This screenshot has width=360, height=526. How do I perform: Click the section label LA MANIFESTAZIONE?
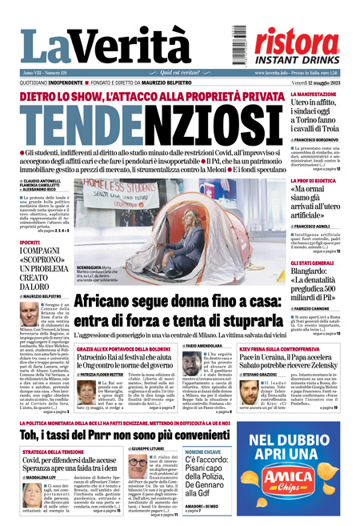tap(314, 94)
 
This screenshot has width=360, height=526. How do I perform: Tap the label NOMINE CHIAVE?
tap(206, 452)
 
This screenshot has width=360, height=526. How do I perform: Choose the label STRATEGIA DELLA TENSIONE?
tap(55, 452)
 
